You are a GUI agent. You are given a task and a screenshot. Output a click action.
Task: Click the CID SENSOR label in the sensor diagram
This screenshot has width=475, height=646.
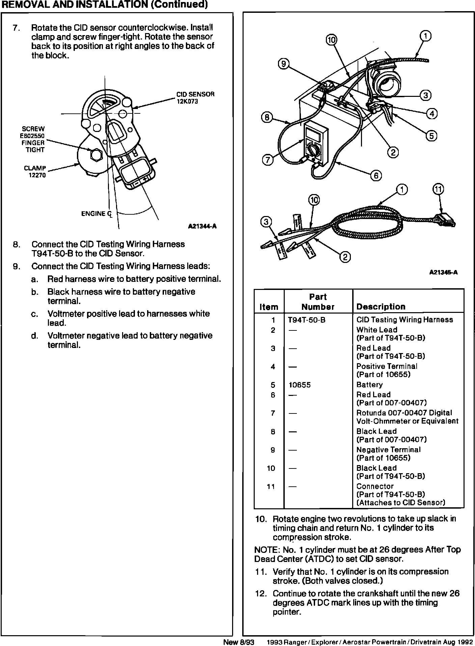(x=195, y=97)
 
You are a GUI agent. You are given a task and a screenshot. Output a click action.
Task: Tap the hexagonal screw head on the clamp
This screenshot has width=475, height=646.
(x=96, y=154)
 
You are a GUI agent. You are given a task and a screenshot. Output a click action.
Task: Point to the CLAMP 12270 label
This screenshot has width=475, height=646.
(x=35, y=171)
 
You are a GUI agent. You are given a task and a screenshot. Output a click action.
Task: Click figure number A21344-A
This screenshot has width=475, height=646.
(x=202, y=226)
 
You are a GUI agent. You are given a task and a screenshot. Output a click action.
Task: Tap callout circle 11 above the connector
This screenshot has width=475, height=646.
(x=438, y=190)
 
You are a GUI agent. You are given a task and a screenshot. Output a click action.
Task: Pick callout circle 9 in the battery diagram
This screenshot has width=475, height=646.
(x=284, y=64)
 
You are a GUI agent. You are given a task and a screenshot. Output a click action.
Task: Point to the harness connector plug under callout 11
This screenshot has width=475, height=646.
(x=445, y=220)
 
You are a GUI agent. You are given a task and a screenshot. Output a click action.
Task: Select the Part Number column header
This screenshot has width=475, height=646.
(x=318, y=302)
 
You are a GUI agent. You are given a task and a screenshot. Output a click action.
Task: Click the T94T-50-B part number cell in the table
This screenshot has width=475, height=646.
(x=307, y=320)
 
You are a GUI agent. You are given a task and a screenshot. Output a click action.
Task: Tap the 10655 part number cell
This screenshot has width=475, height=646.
(x=299, y=385)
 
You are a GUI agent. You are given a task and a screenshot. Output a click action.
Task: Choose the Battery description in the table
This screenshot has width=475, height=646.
(x=369, y=385)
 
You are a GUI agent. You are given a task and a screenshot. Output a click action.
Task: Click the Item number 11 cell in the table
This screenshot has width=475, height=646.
(x=271, y=486)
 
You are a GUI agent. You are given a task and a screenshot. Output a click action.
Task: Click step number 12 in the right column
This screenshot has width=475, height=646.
(x=261, y=593)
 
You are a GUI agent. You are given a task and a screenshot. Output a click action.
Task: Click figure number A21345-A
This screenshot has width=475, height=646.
(x=443, y=273)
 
